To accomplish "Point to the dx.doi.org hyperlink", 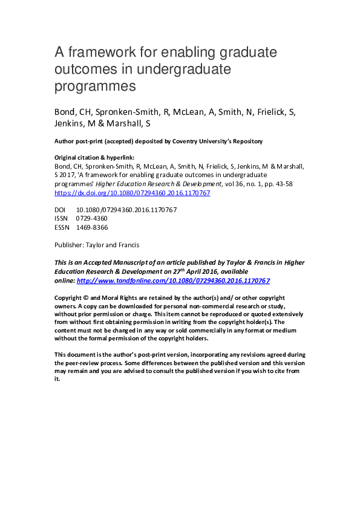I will [133, 193].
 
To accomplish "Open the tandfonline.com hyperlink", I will [173, 281].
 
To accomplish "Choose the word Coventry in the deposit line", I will [188, 141].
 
